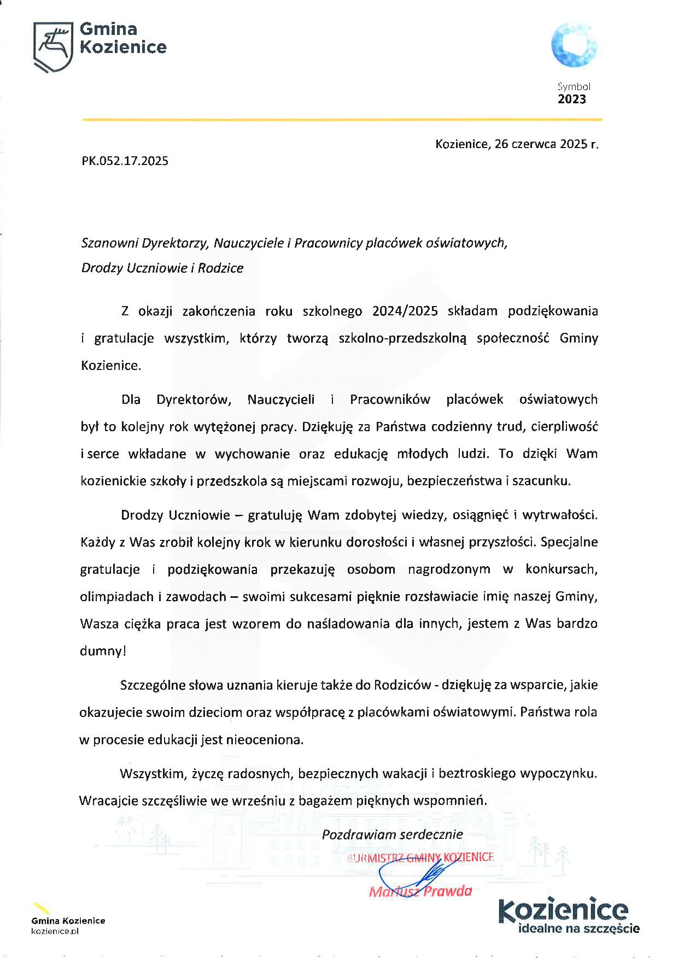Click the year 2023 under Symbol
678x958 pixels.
[x=571, y=99]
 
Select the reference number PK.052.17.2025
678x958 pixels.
[x=125, y=161]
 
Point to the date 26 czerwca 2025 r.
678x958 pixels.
[x=546, y=144]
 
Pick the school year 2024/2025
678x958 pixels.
[x=405, y=311]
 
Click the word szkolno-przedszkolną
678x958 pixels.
[x=402, y=338]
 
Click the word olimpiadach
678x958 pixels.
[x=116, y=596]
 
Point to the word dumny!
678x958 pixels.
[x=103, y=651]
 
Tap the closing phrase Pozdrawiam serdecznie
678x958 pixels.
[x=392, y=834]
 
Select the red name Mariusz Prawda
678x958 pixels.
[x=420, y=891]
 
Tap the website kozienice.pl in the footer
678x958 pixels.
[x=55, y=931]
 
